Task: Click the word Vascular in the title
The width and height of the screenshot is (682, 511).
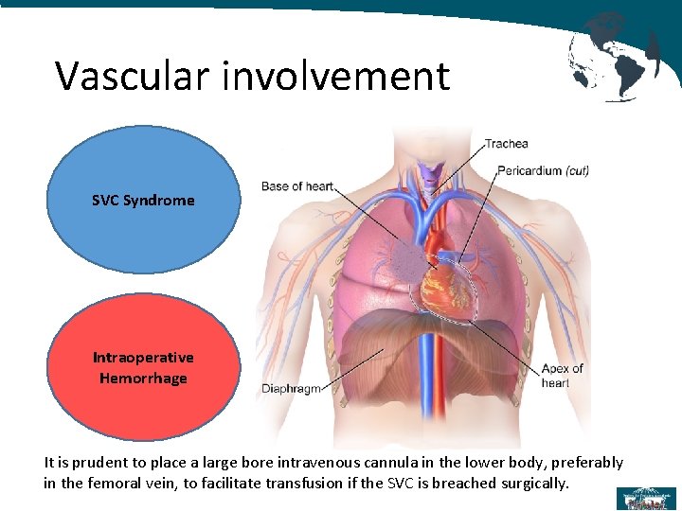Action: [134, 76]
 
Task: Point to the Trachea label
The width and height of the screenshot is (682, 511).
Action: [507, 144]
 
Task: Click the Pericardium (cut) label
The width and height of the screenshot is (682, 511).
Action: [543, 171]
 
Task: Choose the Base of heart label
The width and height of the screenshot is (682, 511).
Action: [296, 186]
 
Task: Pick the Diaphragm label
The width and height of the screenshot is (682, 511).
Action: [291, 388]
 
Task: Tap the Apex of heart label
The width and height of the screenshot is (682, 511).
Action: [562, 376]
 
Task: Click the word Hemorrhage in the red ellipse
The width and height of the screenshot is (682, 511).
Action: [143, 379]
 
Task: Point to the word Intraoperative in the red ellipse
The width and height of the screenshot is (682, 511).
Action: [143, 358]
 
